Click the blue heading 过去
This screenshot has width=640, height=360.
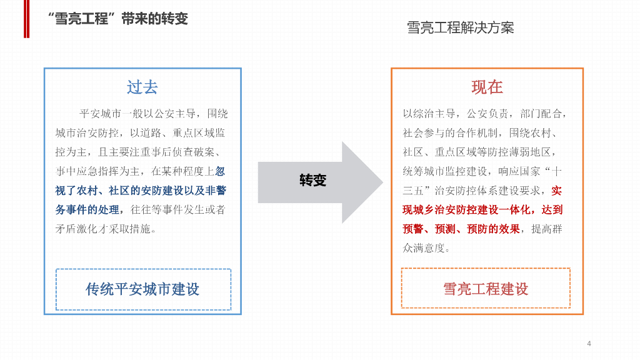[142, 87]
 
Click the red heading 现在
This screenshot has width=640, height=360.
[487, 87]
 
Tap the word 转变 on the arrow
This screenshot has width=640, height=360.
[313, 181]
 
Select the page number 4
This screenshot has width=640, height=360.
[589, 343]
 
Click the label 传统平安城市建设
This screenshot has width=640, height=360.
[142, 289]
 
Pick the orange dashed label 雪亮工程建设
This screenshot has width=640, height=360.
[486, 289]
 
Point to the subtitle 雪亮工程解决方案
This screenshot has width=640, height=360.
[460, 28]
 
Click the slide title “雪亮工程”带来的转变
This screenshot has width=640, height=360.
[117, 18]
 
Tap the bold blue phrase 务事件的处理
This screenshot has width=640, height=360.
[87, 209]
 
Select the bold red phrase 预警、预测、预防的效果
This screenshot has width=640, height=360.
[461, 229]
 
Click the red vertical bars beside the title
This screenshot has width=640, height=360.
[26, 19]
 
